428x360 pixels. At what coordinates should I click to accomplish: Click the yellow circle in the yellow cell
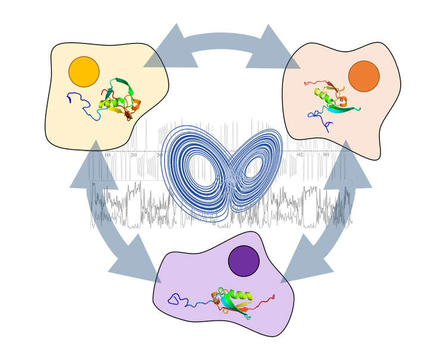click(x=84, y=72)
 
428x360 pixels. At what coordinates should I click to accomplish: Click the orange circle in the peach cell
click(x=364, y=76)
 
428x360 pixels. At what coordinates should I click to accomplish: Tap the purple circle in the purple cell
click(x=244, y=261)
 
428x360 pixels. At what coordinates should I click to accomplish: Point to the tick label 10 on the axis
click(x=107, y=155)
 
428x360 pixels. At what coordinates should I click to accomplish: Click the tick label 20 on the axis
click(x=133, y=155)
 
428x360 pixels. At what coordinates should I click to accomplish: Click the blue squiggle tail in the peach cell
click(x=321, y=119)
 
